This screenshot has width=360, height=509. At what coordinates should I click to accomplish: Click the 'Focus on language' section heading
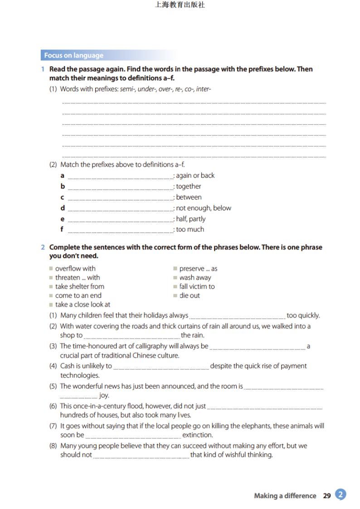[74, 55]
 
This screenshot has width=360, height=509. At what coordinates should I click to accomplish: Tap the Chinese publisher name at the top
[180, 5]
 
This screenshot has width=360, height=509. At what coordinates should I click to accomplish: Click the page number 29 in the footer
[327, 496]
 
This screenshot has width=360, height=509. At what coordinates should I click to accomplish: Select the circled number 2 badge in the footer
[341, 494]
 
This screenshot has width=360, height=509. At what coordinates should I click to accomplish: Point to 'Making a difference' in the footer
[285, 496]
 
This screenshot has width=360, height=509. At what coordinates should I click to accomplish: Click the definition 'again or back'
[195, 175]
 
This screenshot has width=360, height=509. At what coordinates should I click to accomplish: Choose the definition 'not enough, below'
[204, 208]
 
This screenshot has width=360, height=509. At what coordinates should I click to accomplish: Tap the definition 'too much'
[190, 229]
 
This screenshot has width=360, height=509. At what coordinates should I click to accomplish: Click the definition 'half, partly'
[191, 219]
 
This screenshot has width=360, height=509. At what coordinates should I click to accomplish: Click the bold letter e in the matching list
[63, 219]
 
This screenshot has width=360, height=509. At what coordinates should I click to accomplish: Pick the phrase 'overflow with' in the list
[75, 268]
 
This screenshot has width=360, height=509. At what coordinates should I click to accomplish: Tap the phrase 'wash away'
[195, 277]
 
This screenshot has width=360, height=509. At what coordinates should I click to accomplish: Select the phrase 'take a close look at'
[83, 305]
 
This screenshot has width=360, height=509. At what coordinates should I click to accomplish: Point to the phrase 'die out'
[190, 296]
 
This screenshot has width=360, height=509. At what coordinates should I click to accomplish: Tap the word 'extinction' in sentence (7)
[197, 435]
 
